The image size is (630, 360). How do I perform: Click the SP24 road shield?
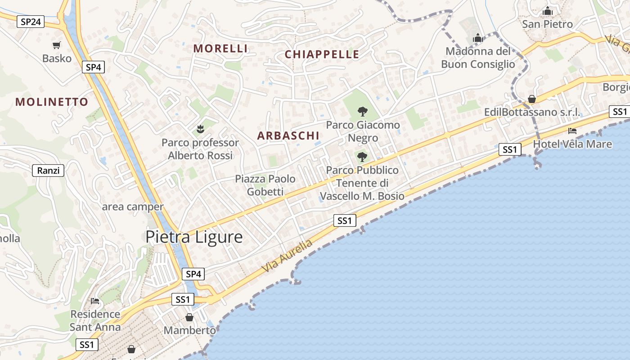click(31, 22)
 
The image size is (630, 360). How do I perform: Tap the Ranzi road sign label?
click(48, 171)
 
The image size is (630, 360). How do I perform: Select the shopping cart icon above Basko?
click(56, 45)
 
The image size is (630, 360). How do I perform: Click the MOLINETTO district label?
click(52, 102)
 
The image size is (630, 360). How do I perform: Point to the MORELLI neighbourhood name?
click(220, 49)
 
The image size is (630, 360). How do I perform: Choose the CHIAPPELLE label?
click(322, 54)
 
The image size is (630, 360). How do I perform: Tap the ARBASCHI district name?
click(288, 135)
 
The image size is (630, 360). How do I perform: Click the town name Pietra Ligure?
click(194, 237)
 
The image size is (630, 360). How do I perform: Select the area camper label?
click(133, 207)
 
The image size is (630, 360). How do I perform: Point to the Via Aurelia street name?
click(287, 256)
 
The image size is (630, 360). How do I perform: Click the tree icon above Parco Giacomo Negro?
click(362, 111)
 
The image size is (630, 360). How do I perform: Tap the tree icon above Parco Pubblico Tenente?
click(362, 157)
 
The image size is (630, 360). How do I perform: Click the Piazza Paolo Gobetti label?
click(265, 185)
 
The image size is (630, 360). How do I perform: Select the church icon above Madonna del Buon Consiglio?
click(478, 38)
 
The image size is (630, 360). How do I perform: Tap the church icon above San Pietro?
click(547, 11)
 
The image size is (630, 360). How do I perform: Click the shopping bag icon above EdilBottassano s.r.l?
click(531, 99)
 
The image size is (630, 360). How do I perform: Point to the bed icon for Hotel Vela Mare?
click(572, 131)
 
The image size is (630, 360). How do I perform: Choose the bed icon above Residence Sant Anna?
click(95, 301)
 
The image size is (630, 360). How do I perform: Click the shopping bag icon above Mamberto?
click(189, 317)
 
